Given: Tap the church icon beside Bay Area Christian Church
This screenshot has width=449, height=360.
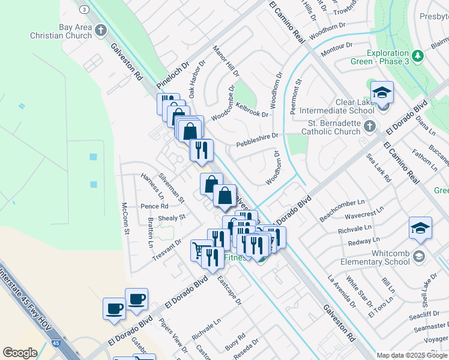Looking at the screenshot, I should (x=101, y=30).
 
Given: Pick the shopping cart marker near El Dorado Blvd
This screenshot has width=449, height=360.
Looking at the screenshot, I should (x=200, y=250).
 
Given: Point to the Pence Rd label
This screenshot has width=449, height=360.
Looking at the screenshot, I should (x=154, y=206).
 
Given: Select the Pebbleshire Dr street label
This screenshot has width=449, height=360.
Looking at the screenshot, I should (x=257, y=140).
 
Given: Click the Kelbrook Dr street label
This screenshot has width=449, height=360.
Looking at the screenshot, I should (x=252, y=109).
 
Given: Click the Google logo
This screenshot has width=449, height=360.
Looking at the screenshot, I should (x=20, y=353).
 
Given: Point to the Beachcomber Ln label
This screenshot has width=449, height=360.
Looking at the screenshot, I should (x=342, y=211).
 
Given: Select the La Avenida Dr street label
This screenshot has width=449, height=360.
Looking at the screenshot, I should (x=342, y=290).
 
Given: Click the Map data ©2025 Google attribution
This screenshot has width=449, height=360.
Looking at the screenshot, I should (x=412, y=355).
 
